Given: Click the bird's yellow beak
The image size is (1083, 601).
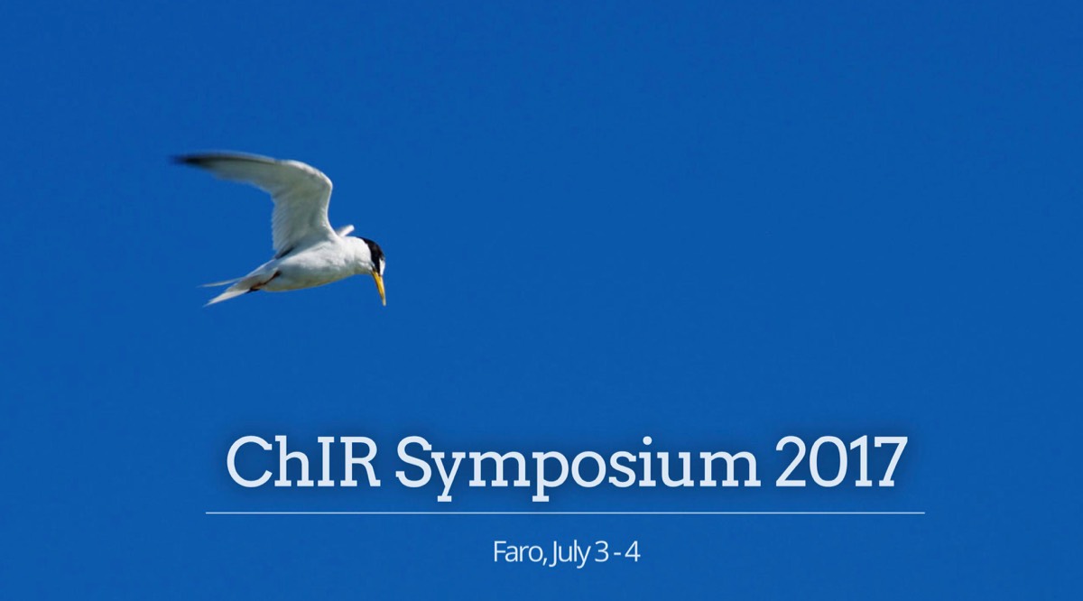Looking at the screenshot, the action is (x=380, y=288).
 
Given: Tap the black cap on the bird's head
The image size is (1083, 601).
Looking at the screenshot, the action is (x=374, y=250).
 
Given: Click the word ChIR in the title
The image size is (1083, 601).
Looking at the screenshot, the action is (x=303, y=462).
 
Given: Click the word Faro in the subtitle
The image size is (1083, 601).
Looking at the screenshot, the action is (x=518, y=553).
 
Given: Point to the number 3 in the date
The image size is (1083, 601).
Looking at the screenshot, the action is (x=602, y=553).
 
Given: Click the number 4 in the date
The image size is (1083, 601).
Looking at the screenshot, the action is (x=633, y=553).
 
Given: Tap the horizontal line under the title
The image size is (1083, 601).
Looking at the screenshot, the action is (x=565, y=513).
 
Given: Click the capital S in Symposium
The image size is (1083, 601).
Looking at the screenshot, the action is (x=416, y=462).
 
